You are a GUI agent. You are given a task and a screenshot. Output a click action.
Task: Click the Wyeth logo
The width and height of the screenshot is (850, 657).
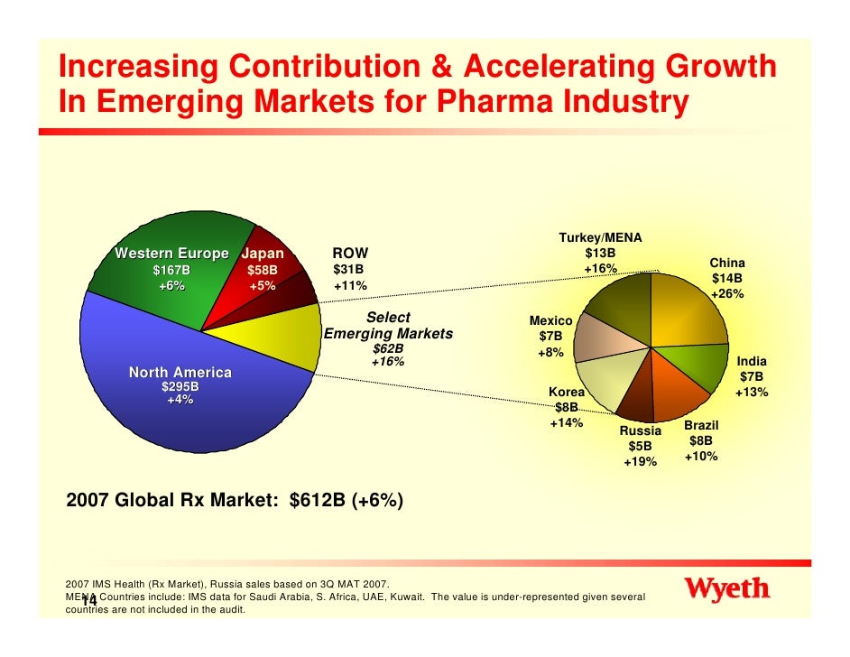pos(729,590)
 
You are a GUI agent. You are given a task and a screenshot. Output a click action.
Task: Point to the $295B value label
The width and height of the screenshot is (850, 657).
pos(180,387)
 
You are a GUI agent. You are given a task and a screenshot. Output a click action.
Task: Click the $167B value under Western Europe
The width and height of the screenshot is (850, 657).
pos(171,270)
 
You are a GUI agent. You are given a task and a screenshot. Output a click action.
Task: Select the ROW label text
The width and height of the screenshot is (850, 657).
pos(350,254)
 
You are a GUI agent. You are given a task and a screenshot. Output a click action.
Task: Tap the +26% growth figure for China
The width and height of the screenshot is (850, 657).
pos(727,295)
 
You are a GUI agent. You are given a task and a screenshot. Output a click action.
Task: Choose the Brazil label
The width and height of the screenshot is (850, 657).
pos(700,424)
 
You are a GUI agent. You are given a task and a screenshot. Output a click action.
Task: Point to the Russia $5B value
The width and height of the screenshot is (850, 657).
pos(640,447)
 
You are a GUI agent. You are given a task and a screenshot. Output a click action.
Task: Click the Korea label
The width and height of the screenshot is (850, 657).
pos(567,393)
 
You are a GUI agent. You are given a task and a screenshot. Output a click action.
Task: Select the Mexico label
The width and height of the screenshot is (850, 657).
pos(550,321)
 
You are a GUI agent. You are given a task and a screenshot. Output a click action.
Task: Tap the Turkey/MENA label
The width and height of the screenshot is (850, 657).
pos(600,237)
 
